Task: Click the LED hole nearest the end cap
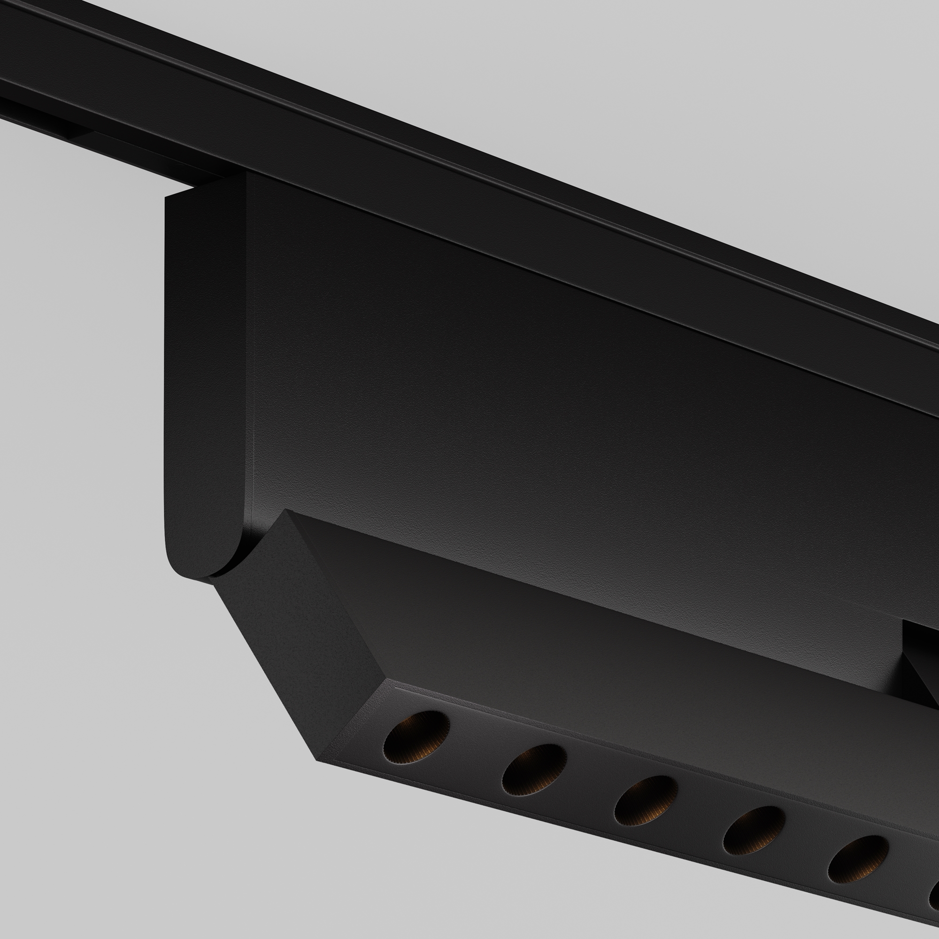416,738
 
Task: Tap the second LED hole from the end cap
535,770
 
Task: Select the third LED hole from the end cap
646,800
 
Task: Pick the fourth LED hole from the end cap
754,831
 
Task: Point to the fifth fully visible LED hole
858,860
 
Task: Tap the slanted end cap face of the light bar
296,632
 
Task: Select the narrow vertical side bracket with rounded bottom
204,379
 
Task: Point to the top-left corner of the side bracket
168,198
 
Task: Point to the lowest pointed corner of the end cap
318,761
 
